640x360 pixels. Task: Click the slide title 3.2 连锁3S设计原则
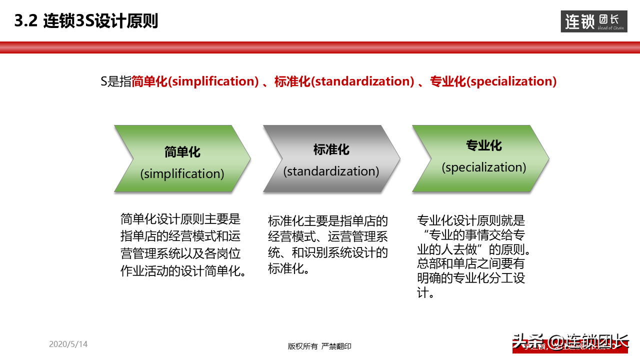click(x=86, y=21)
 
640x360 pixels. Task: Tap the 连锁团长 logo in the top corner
click(x=594, y=21)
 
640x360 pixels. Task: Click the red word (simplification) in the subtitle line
click(x=213, y=81)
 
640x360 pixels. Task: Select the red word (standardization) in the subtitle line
click(x=362, y=81)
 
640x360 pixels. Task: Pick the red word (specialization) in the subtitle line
click(x=511, y=81)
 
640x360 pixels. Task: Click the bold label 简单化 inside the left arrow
click(x=182, y=152)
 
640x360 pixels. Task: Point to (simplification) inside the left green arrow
click(x=182, y=173)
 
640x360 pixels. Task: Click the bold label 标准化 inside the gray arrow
click(x=331, y=149)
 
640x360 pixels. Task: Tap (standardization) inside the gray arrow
click(x=331, y=171)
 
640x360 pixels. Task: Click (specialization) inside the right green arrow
click(x=483, y=167)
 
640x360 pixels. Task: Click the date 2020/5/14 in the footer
click(x=68, y=344)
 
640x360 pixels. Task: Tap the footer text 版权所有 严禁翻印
click(x=319, y=346)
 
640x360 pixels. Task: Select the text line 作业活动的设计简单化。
click(x=184, y=271)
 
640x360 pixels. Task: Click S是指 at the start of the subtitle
click(x=115, y=81)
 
